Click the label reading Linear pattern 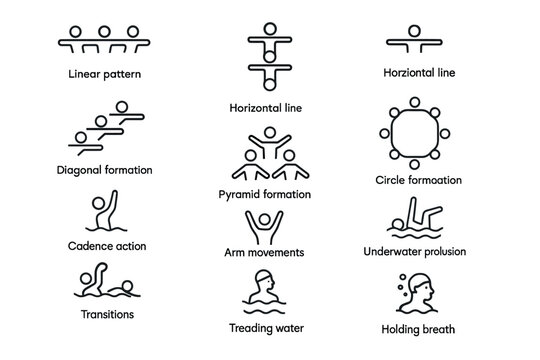103,73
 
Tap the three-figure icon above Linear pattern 103,39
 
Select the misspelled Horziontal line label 419,73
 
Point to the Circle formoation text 418,180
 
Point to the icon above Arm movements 264,226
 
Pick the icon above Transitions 106,283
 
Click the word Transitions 107,314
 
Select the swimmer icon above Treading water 263,291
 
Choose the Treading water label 265,328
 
